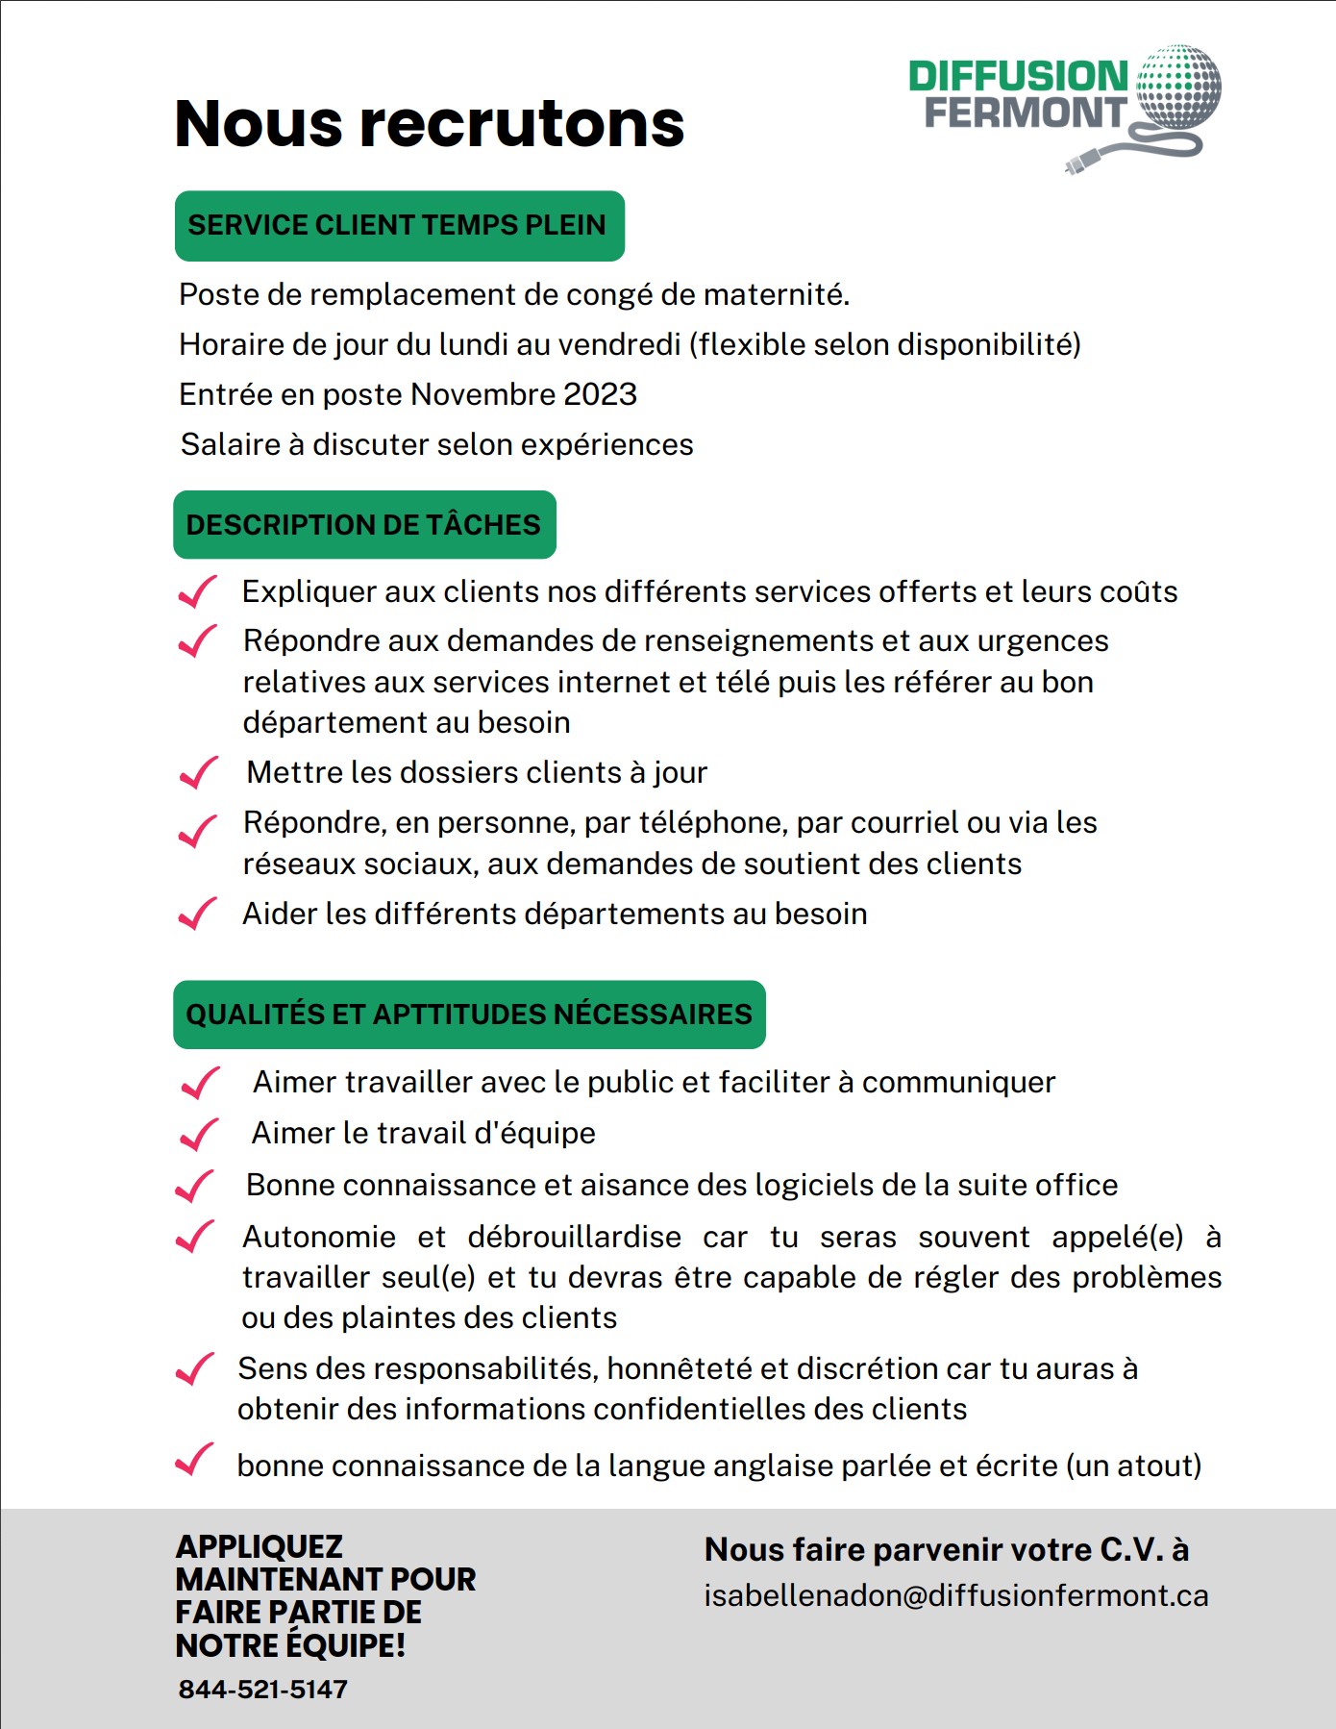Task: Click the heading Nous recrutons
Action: coord(429,124)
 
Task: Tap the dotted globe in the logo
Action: coord(1178,87)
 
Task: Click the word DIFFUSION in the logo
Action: coord(1018,77)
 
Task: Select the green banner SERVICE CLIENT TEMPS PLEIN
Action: coord(399,226)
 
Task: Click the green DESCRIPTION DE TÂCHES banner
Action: coord(364,525)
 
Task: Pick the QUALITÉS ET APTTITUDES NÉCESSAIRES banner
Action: coord(469,1015)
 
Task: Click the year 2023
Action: coord(600,394)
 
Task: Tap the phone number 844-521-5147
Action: coord(263,1689)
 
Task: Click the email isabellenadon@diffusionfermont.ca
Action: coord(955,1595)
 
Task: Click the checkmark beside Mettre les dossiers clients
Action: coord(199,772)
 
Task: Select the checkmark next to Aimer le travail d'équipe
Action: coord(199,1134)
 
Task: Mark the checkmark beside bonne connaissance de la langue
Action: coord(194,1461)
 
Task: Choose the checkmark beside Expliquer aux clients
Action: coord(198,591)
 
